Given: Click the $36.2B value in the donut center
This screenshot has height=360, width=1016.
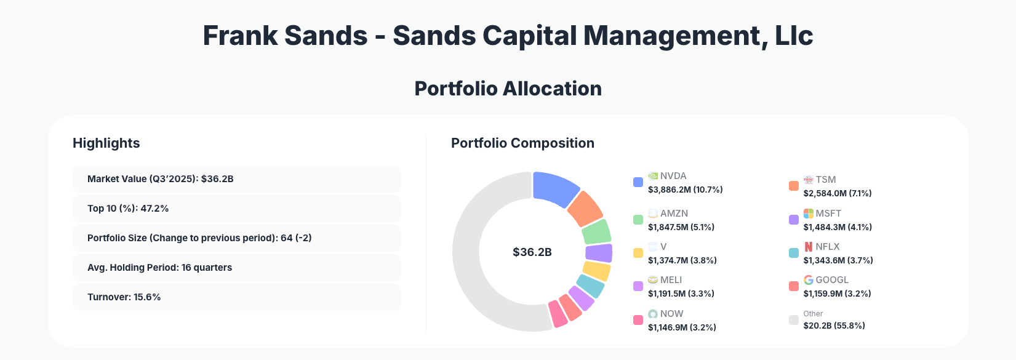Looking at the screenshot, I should click(532, 252).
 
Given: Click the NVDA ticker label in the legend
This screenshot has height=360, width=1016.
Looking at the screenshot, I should click(673, 176).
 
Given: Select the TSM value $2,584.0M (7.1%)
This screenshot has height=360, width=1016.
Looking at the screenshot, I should click(837, 193).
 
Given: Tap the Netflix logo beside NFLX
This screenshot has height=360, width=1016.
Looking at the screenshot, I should click(809, 247).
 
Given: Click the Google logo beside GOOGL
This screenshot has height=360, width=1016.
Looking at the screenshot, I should click(809, 280).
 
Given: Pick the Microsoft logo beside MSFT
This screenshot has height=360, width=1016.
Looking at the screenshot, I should click(809, 214).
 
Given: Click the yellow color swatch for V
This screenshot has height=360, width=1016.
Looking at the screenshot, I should click(638, 253).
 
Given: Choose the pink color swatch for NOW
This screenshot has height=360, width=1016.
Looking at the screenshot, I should click(638, 320).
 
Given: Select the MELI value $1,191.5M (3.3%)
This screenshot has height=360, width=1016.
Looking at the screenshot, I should click(681, 294).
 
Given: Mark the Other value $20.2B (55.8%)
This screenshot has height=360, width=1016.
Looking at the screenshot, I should click(834, 326).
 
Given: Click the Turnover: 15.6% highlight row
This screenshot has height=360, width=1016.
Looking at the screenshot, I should click(236, 297).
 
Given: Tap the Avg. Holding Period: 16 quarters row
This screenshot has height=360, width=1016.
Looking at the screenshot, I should click(236, 268).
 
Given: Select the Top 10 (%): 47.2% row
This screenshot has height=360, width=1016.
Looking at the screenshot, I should click(236, 209).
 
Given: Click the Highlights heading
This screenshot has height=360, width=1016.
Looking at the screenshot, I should click(106, 143).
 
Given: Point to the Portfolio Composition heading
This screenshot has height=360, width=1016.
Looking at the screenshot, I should click(522, 143).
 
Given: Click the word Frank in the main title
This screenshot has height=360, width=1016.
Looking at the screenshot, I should click(240, 36).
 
